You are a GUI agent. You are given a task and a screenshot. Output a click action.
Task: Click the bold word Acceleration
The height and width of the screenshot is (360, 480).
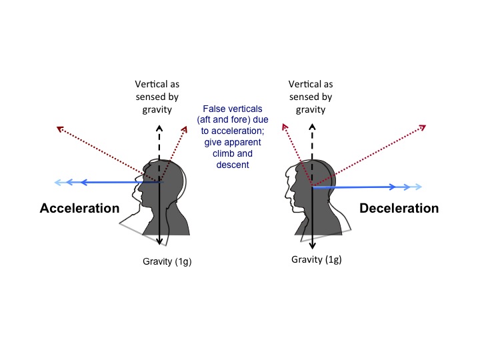[79, 208]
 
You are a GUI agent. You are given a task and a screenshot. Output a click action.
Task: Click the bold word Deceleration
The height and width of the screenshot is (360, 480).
[399, 208]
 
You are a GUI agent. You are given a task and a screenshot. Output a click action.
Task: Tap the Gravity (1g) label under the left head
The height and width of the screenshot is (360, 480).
[167, 262]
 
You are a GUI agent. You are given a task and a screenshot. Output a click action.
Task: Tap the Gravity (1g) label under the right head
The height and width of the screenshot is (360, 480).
[316, 259]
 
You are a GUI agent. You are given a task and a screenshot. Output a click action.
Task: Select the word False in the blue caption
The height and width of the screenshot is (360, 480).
[214, 109]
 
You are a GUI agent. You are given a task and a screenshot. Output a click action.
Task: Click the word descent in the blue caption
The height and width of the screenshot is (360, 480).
[233, 165]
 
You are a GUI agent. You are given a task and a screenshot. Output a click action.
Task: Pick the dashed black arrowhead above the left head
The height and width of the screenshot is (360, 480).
[159, 128]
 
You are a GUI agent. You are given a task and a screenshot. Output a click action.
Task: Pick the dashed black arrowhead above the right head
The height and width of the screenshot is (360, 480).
[312, 127]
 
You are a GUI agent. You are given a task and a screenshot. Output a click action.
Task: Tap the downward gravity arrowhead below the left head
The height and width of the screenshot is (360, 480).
[159, 241]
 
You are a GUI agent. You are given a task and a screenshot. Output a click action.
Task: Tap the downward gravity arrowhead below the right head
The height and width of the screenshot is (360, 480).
[312, 245]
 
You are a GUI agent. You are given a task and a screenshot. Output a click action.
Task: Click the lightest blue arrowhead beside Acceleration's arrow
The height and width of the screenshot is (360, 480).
[58, 183]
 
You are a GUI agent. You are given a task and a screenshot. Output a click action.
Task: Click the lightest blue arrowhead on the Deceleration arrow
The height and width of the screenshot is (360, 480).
[418, 187]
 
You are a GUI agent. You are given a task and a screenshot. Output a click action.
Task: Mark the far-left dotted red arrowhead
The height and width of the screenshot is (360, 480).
[60, 129]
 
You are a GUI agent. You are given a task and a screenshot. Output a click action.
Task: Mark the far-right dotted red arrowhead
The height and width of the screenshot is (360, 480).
[423, 127]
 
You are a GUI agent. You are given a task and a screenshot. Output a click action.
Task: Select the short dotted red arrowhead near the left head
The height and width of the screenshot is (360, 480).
[184, 129]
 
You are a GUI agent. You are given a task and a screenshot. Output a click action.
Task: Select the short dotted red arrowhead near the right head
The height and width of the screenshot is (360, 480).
[285, 127]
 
